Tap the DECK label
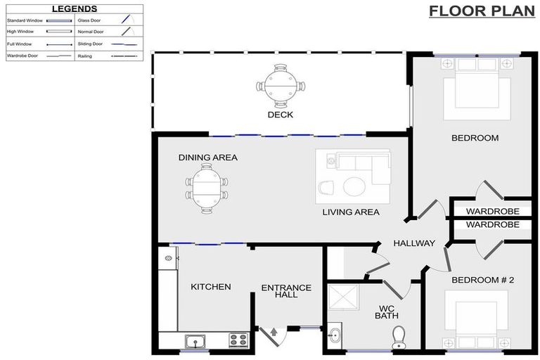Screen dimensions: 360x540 point(280,115)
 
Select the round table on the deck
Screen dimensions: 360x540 point(281,86)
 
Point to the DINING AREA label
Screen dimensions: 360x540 point(207,157)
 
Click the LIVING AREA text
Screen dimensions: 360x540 point(351,212)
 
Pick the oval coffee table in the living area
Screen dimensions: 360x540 point(353,186)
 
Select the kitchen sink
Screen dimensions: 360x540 point(193,341)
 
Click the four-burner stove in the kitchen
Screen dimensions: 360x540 point(238,340)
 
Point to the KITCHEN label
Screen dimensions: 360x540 point(210,287)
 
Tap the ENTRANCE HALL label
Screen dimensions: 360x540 point(286,291)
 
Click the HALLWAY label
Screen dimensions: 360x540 point(414,243)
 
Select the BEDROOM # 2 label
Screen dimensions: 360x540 point(482,280)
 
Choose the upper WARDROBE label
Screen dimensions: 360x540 point(492,211)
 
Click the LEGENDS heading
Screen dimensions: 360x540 point(74,9)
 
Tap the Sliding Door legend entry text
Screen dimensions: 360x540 point(91,44)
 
